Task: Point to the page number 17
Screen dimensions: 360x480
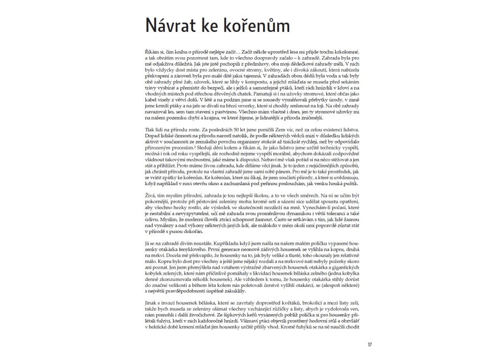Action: (x=370, y=345)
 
